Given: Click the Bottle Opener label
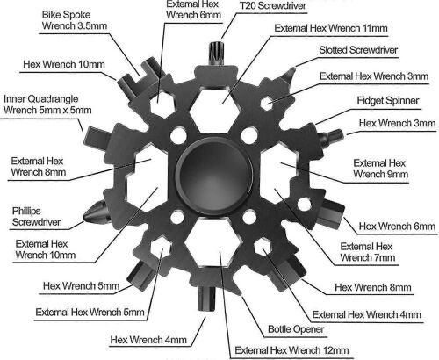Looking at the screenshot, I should (297, 329).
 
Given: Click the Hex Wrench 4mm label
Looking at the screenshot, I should (148, 340).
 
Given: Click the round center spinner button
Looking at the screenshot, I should (213, 169).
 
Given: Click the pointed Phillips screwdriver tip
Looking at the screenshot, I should (90, 212).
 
